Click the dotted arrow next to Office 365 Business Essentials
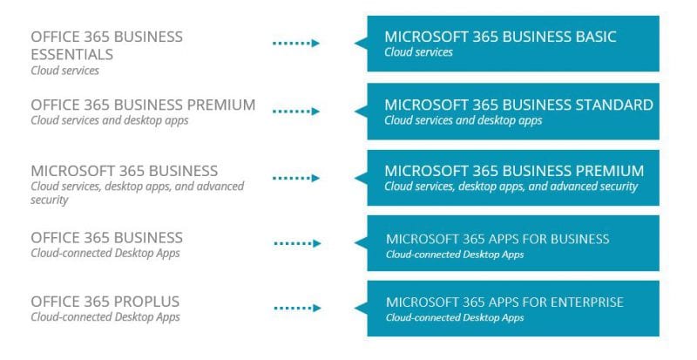[296, 44]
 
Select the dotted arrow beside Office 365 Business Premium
[296, 112]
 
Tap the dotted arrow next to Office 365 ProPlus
[297, 308]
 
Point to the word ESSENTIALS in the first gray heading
[72, 54]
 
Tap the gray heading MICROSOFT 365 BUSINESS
[125, 171]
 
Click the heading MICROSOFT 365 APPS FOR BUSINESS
[497, 239]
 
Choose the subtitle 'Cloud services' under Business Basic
[418, 52]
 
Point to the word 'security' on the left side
[50, 200]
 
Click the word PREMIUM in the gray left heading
[221, 105]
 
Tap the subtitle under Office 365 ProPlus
[105, 317]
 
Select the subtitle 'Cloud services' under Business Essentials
[64, 71]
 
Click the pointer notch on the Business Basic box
[361, 44]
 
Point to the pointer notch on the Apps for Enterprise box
[361, 308]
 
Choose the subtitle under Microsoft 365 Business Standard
[464, 120]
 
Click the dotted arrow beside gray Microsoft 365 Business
[296, 178]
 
